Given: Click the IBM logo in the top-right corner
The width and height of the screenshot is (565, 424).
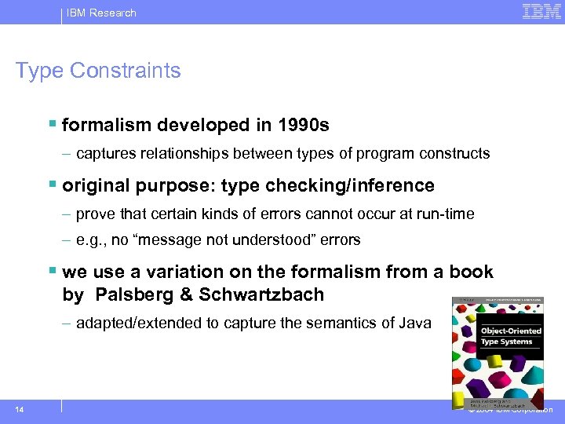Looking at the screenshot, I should (541, 12).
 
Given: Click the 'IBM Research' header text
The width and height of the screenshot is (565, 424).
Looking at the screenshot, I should (102, 13).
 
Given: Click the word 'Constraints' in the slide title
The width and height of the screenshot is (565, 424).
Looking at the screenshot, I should (126, 70).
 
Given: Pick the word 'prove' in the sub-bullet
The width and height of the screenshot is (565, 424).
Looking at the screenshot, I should (93, 214).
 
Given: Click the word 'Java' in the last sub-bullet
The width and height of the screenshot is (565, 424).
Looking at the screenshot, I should (414, 323).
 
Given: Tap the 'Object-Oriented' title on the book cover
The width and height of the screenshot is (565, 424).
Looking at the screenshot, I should (511, 331).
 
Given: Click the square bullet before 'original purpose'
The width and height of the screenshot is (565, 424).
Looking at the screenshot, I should (53, 185).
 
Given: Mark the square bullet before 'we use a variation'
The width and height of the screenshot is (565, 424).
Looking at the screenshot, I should (53, 272).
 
